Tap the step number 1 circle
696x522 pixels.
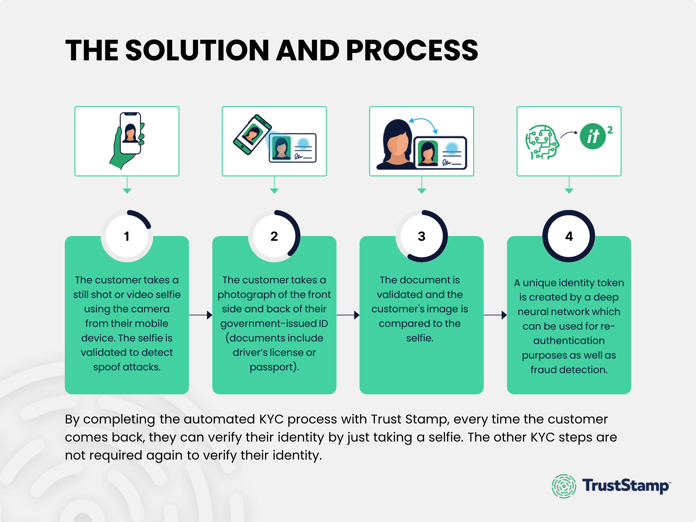pyautogui.click(x=127, y=236)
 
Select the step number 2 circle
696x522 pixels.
pyautogui.click(x=274, y=236)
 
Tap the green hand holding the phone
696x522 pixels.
pyautogui.click(x=121, y=151)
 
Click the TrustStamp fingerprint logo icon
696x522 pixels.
pyautogui.click(x=564, y=486)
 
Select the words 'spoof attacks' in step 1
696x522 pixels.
pyautogui.click(x=127, y=367)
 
